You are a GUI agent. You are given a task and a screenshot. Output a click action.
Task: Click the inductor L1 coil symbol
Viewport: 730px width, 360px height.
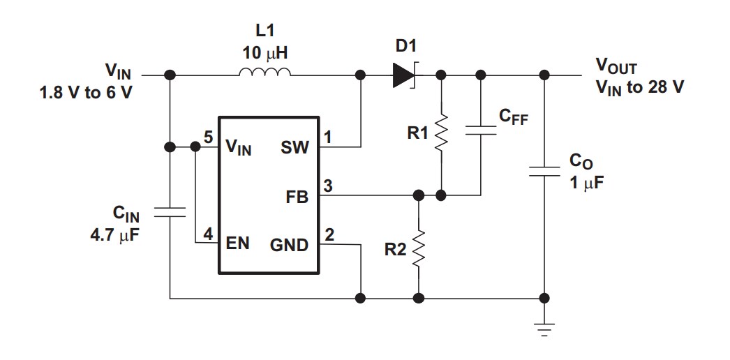266,73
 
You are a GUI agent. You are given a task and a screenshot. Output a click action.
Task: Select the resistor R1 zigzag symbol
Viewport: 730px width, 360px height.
441,133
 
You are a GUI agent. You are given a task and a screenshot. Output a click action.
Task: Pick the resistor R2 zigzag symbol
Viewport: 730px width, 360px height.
419,249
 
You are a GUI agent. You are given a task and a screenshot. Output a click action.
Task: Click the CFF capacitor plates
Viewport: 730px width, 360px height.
481,130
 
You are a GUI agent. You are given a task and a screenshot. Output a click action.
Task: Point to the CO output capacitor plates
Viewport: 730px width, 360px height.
544,171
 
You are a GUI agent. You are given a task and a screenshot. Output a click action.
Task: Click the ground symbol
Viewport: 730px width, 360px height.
544,329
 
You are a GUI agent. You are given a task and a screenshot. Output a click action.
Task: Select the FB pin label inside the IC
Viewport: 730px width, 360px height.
298,197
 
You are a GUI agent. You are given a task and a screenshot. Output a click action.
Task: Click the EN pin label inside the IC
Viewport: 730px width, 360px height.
238,245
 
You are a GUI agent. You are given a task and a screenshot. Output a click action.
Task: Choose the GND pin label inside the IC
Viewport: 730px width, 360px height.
289,245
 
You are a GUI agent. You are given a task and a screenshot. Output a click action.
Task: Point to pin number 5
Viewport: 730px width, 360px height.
208,137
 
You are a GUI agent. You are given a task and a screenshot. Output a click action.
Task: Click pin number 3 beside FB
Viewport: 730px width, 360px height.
328,186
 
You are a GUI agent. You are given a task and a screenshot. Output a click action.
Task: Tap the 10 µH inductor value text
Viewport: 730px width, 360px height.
265,53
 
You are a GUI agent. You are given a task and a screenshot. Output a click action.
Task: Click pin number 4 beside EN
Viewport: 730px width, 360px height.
208,235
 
